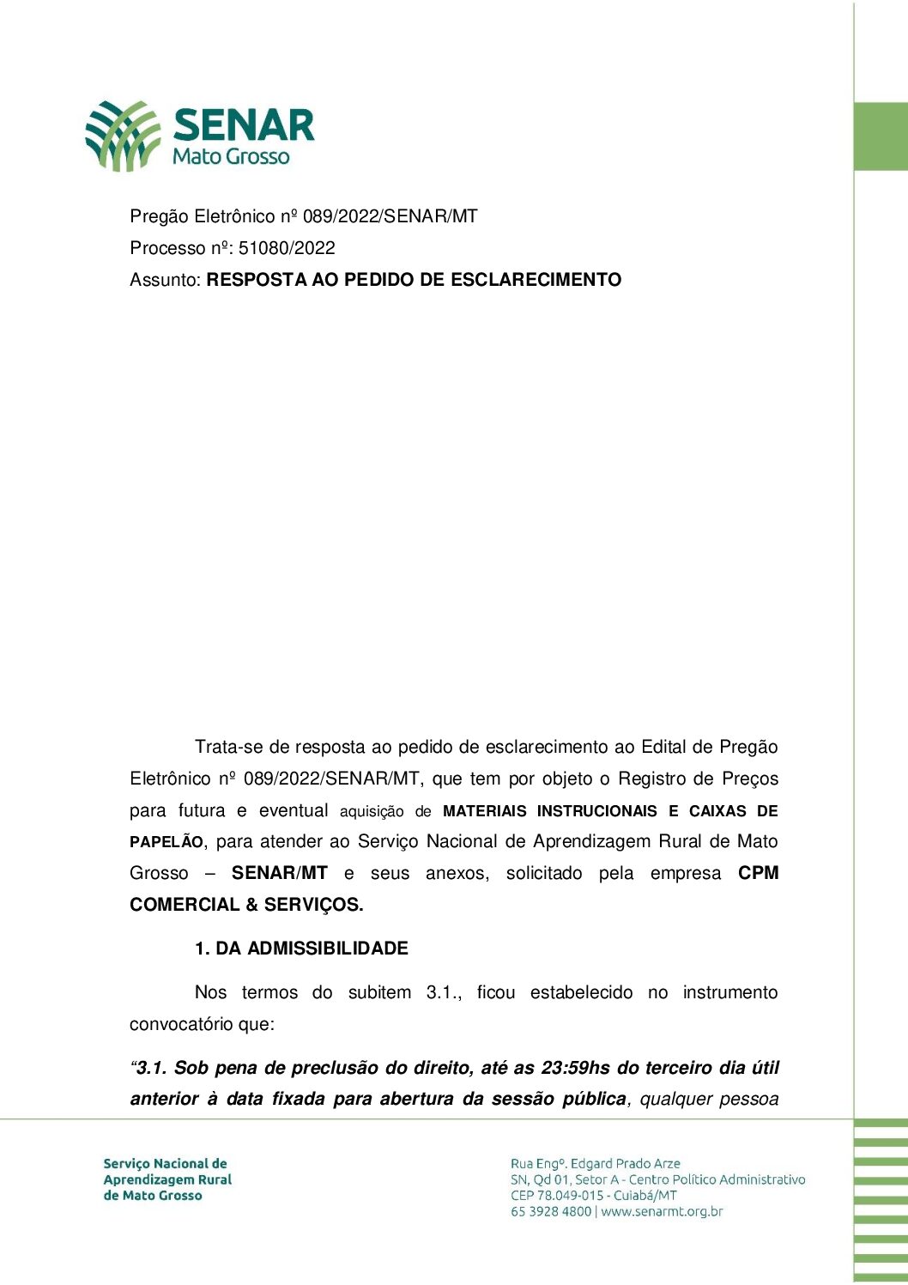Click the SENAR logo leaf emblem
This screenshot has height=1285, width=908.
[123, 136]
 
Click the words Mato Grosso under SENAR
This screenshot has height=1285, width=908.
[231, 156]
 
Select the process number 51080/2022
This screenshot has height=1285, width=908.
[287, 248]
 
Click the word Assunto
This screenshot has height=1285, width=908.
[165, 280]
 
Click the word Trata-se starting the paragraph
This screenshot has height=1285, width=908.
[229, 747]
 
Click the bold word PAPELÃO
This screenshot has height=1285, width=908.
[166, 842]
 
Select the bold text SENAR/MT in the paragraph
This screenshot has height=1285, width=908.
[280, 873]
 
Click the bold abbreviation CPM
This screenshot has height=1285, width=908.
[758, 873]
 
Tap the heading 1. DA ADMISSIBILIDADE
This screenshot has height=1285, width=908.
[301, 949]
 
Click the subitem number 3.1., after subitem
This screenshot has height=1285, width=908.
[444, 992]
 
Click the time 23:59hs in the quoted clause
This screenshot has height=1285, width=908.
[575, 1068]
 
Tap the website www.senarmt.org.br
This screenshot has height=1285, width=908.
[662, 1211]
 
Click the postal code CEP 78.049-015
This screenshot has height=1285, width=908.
[557, 1195]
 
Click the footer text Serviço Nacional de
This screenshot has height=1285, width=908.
[165, 1164]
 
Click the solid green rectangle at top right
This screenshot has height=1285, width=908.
[881, 136]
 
